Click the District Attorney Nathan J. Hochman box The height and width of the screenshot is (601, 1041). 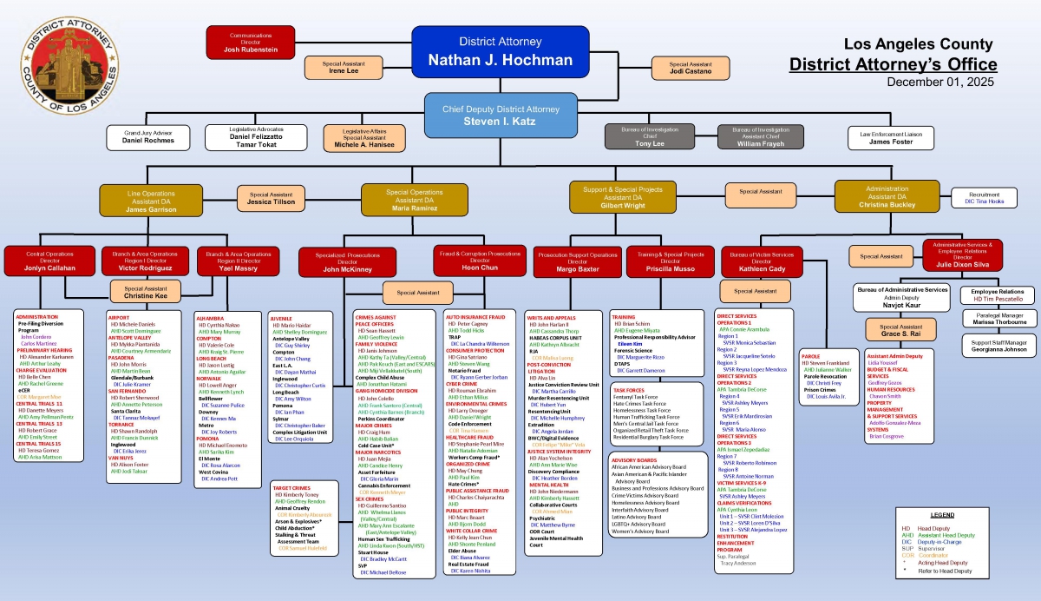[488, 52]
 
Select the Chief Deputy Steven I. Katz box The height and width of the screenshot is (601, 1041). [501, 115]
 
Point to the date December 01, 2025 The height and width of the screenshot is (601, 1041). [942, 82]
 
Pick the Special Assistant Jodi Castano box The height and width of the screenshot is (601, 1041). [691, 68]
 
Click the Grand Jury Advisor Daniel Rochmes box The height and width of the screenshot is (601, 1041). [147, 136]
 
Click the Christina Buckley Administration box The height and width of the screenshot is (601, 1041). [887, 196]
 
